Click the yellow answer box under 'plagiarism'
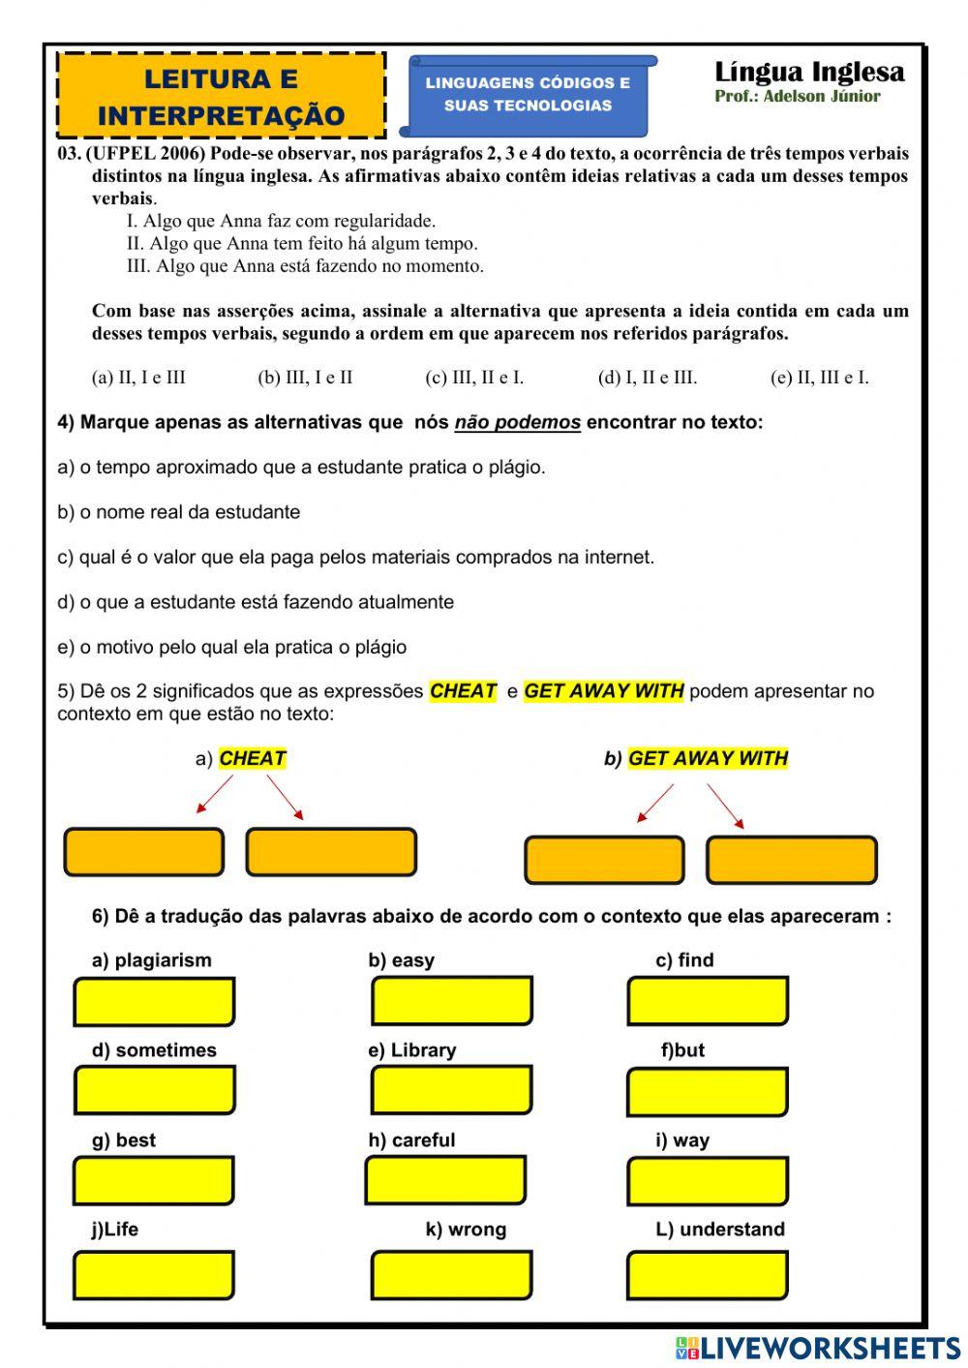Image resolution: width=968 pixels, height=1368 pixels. [x=154, y=1002]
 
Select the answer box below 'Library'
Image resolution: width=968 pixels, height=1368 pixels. [x=451, y=1091]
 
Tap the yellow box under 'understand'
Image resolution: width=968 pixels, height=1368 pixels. [x=707, y=1275]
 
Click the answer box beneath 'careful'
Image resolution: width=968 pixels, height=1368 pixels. [x=446, y=1180]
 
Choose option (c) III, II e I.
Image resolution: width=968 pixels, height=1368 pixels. [x=474, y=378]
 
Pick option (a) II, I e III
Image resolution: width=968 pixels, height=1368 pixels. [x=138, y=378]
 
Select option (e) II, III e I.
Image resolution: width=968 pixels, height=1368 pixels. [x=819, y=378]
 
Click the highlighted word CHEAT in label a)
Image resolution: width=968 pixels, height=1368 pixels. [x=252, y=758]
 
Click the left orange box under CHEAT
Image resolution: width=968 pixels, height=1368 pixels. [x=143, y=852]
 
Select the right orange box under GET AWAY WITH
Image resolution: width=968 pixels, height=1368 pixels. [x=791, y=860]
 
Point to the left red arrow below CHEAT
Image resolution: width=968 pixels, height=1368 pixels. [x=214, y=794]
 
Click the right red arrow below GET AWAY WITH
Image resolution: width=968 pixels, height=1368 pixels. [x=725, y=806]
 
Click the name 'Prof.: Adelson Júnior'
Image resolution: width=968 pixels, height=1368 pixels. [x=798, y=96]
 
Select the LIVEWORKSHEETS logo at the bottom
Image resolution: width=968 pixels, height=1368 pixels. [x=818, y=1348]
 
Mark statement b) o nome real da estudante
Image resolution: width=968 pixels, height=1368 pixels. [x=179, y=512]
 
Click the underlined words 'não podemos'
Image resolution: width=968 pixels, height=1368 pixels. [x=517, y=422]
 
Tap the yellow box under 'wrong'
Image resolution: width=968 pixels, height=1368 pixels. [x=451, y=1275]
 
